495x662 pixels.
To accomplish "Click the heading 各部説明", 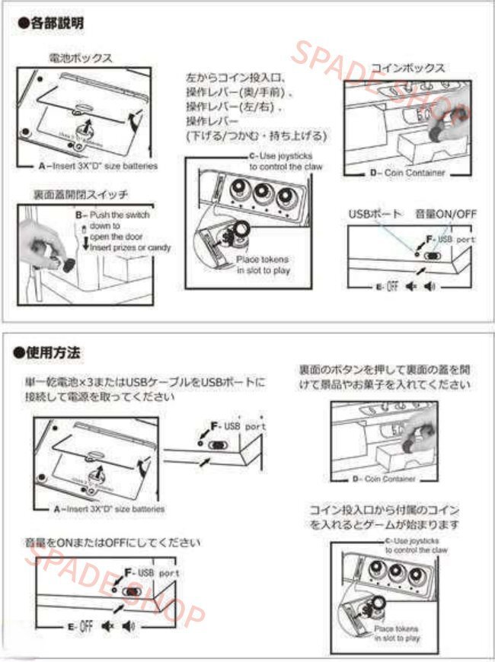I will (51, 24).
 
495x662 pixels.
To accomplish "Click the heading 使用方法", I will (51, 352).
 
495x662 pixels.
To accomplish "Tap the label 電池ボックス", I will (81, 57).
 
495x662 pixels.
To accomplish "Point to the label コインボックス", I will (407, 68).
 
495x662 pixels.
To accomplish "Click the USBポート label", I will (375, 215).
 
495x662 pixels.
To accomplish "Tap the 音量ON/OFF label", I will (445, 215).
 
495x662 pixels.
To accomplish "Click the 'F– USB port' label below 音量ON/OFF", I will (450, 239).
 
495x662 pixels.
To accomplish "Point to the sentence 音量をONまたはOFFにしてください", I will (112, 543).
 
